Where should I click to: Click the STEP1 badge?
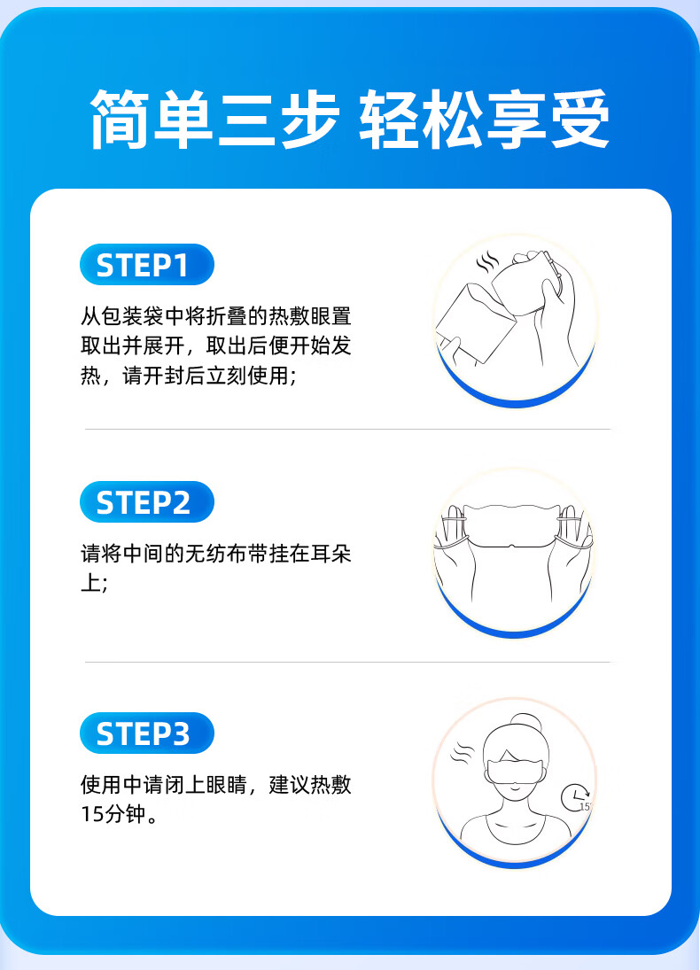(147, 265)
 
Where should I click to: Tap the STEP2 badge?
(147, 501)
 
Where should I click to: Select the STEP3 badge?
(147, 733)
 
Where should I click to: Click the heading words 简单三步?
(214, 119)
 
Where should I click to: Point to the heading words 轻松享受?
(485, 119)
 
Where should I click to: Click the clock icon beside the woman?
(575, 797)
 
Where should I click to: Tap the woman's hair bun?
(525, 723)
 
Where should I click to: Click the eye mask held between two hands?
(513, 526)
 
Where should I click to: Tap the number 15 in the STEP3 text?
(91, 814)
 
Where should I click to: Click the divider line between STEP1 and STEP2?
(348, 429)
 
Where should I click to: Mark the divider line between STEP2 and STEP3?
(348, 662)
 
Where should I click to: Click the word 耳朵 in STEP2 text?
(331, 553)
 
